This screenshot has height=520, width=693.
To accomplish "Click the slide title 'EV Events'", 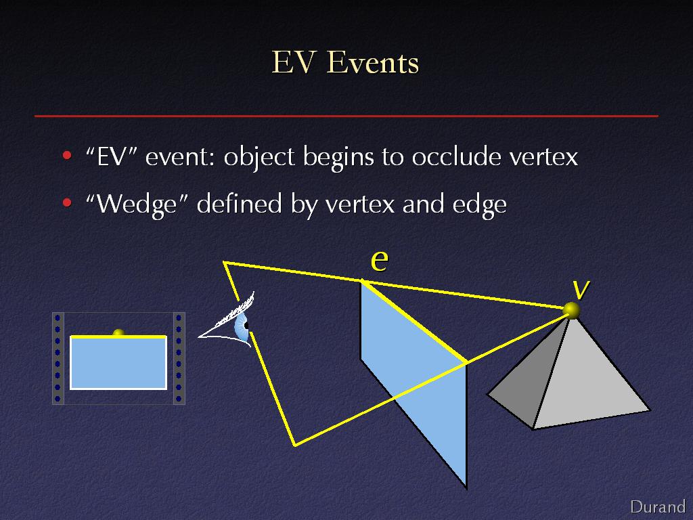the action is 345,62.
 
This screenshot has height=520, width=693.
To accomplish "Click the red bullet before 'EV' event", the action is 67,155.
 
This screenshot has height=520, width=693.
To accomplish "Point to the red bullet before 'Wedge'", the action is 67,203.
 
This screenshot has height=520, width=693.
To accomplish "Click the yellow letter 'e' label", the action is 380,261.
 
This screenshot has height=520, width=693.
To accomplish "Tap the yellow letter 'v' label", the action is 581,289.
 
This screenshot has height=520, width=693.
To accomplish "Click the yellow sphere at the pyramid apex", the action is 571,310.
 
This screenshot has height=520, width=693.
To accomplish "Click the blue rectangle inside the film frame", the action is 118,363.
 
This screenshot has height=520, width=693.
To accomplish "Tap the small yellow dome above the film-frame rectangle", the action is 118,332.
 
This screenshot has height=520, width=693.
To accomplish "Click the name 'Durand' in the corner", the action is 658,506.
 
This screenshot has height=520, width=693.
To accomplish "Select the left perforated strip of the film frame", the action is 58,358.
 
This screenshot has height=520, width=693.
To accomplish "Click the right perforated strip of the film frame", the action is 179,358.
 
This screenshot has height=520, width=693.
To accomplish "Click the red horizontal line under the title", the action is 346,116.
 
